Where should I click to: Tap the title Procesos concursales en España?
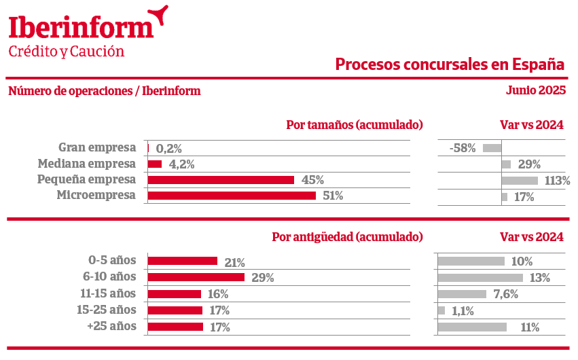pyautogui.click(x=450, y=65)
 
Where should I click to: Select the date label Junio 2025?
pyautogui.click(x=536, y=90)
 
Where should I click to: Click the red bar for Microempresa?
pyautogui.click(x=232, y=196)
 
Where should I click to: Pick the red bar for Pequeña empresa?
pyautogui.click(x=221, y=180)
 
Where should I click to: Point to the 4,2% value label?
pyautogui.click(x=182, y=164)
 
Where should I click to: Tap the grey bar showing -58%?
pyautogui.click(x=492, y=147)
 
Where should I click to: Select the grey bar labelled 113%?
pyautogui.click(x=520, y=180)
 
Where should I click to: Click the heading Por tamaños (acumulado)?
pyautogui.click(x=355, y=125)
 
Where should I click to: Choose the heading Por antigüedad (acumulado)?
pyautogui.click(x=347, y=237)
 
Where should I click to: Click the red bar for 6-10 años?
pyautogui.click(x=196, y=277)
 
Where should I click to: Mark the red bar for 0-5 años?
pyautogui.click(x=182, y=261)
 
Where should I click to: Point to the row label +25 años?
pyautogui.click(x=113, y=326)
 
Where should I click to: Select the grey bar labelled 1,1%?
pyautogui.click(x=441, y=310)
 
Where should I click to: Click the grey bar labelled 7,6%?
pyautogui.click(x=462, y=294)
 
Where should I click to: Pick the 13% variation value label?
pyautogui.click(x=540, y=277)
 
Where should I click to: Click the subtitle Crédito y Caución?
pyautogui.click(x=67, y=52)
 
